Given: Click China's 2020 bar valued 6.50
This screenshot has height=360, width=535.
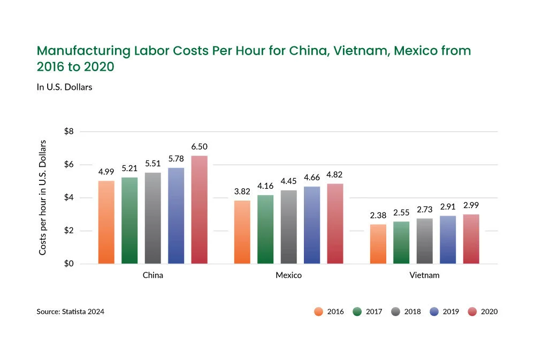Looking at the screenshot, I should tap(199, 210).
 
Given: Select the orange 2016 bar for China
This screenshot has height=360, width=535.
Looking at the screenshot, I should tap(106, 222).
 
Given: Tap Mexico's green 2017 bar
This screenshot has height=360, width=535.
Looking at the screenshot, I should tap(265, 229).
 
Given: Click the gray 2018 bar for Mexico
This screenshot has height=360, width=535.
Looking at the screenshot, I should tap(288, 227).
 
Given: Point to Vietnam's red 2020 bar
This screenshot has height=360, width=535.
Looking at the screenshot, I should tap(470, 239).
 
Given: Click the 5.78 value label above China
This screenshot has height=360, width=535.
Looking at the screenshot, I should tap(175, 159).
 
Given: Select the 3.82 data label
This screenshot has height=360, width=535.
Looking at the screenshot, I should tap(242, 192).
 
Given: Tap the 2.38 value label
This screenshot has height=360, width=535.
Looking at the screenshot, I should tap(378, 216).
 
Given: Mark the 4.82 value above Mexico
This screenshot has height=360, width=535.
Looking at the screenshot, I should tap(335, 174).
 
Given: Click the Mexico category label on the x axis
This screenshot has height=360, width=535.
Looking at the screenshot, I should tap(288, 275).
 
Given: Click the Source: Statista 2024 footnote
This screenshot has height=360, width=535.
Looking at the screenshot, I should tap(70, 311).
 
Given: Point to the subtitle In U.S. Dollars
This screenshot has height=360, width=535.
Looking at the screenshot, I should tap(64, 87).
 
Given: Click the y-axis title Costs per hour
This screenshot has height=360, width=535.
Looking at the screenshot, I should tap(43, 197).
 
